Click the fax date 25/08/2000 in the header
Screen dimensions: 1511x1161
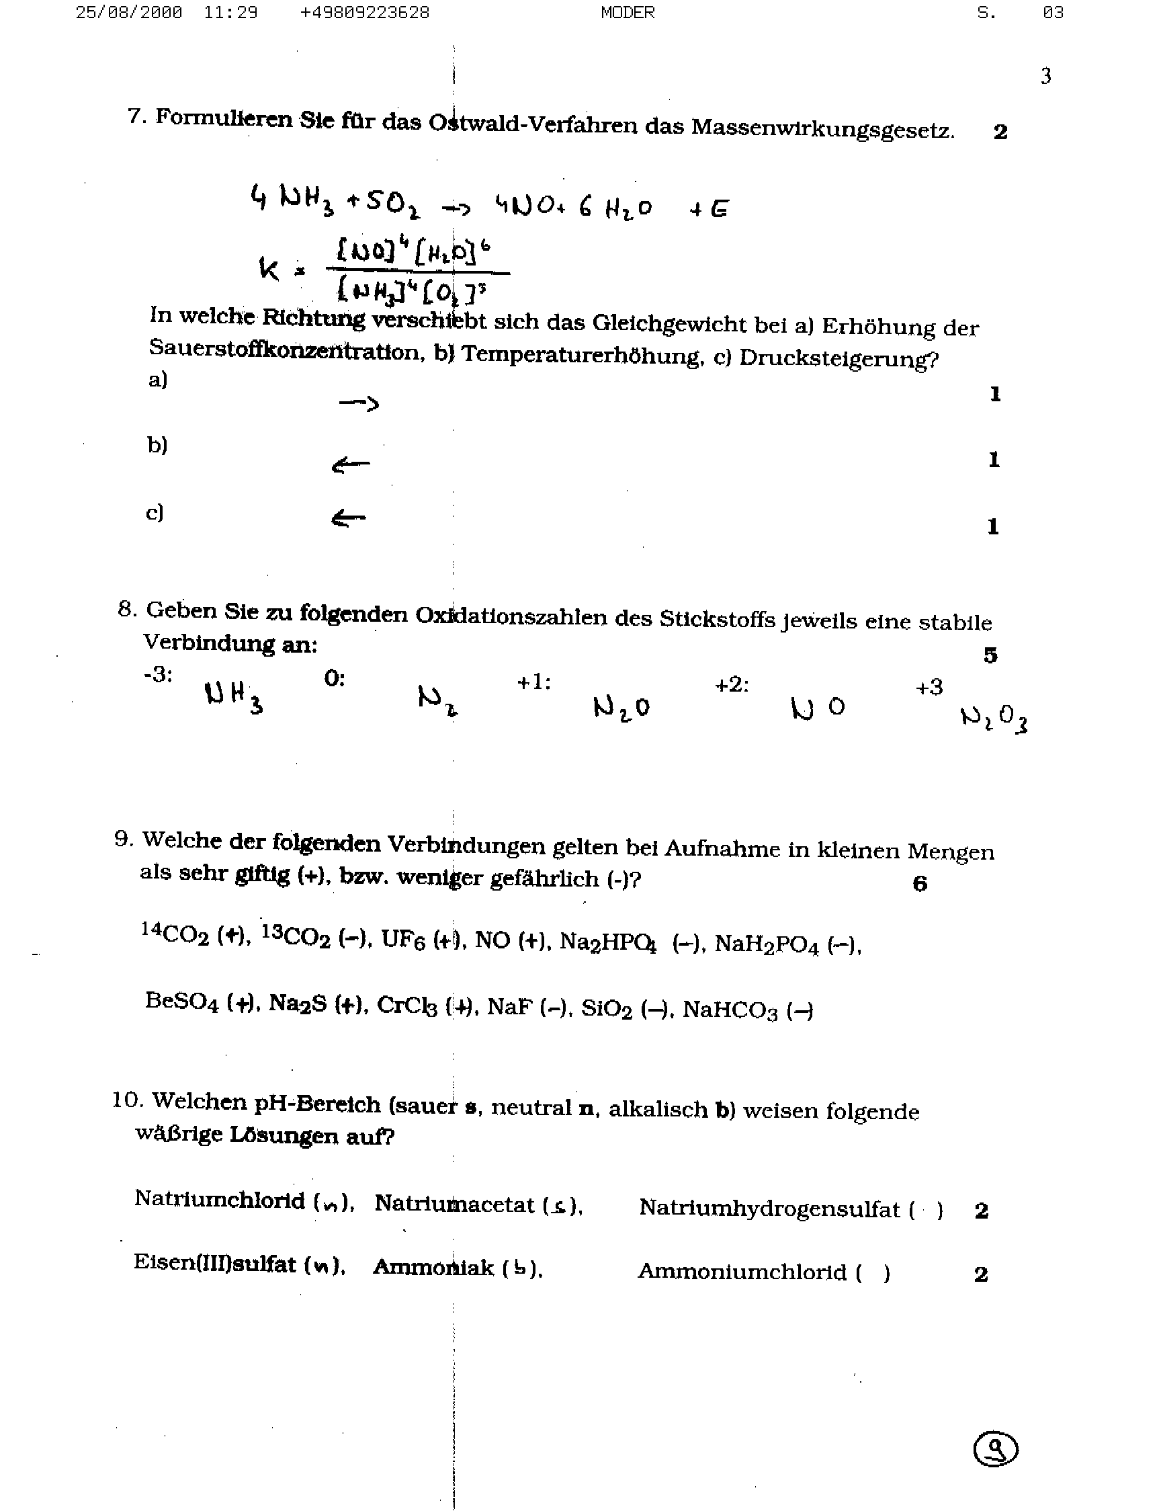tap(128, 13)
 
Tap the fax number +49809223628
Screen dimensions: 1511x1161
tap(364, 13)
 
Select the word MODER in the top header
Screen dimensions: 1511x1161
tap(628, 13)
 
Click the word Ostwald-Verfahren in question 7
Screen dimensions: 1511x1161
tap(532, 124)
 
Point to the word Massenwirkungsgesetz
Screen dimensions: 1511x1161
tap(822, 128)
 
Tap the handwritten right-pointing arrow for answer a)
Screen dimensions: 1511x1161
tap(359, 404)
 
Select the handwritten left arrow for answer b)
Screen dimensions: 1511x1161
tap(350, 465)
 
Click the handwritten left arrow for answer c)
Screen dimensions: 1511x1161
tap(349, 518)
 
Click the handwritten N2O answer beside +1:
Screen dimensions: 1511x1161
tap(621, 707)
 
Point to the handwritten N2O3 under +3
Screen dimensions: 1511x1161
tap(994, 719)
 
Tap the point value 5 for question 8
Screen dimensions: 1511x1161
tap(990, 655)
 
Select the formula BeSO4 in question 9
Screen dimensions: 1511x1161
tap(182, 1002)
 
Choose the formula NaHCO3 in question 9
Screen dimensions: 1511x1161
tap(730, 1010)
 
